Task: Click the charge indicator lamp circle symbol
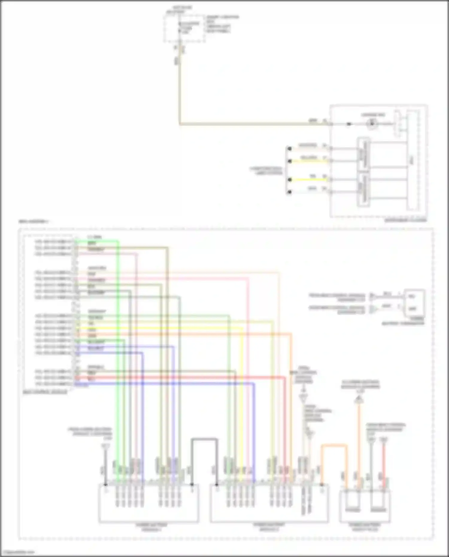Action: click(x=372, y=123)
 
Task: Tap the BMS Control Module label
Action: click(x=45, y=391)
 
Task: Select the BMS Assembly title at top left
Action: click(x=34, y=222)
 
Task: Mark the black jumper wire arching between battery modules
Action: click(x=204, y=439)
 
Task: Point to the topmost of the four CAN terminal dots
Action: click(x=289, y=148)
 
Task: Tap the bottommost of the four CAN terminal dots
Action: click(x=289, y=192)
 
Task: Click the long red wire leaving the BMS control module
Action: click(x=180, y=378)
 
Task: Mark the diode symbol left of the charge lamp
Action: click(x=349, y=124)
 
